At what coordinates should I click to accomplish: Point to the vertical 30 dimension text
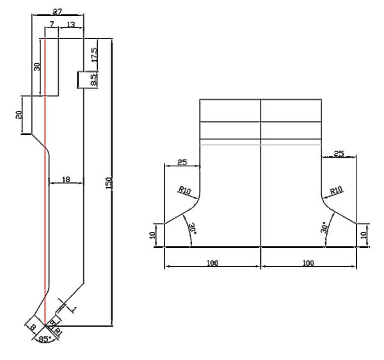[37, 66]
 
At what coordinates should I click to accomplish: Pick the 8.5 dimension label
[93, 80]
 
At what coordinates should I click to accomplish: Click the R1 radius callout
[58, 331]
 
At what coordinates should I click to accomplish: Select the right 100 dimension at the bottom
[308, 263]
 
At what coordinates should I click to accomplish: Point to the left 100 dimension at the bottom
[212, 263]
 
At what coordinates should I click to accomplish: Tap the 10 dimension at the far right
[365, 235]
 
